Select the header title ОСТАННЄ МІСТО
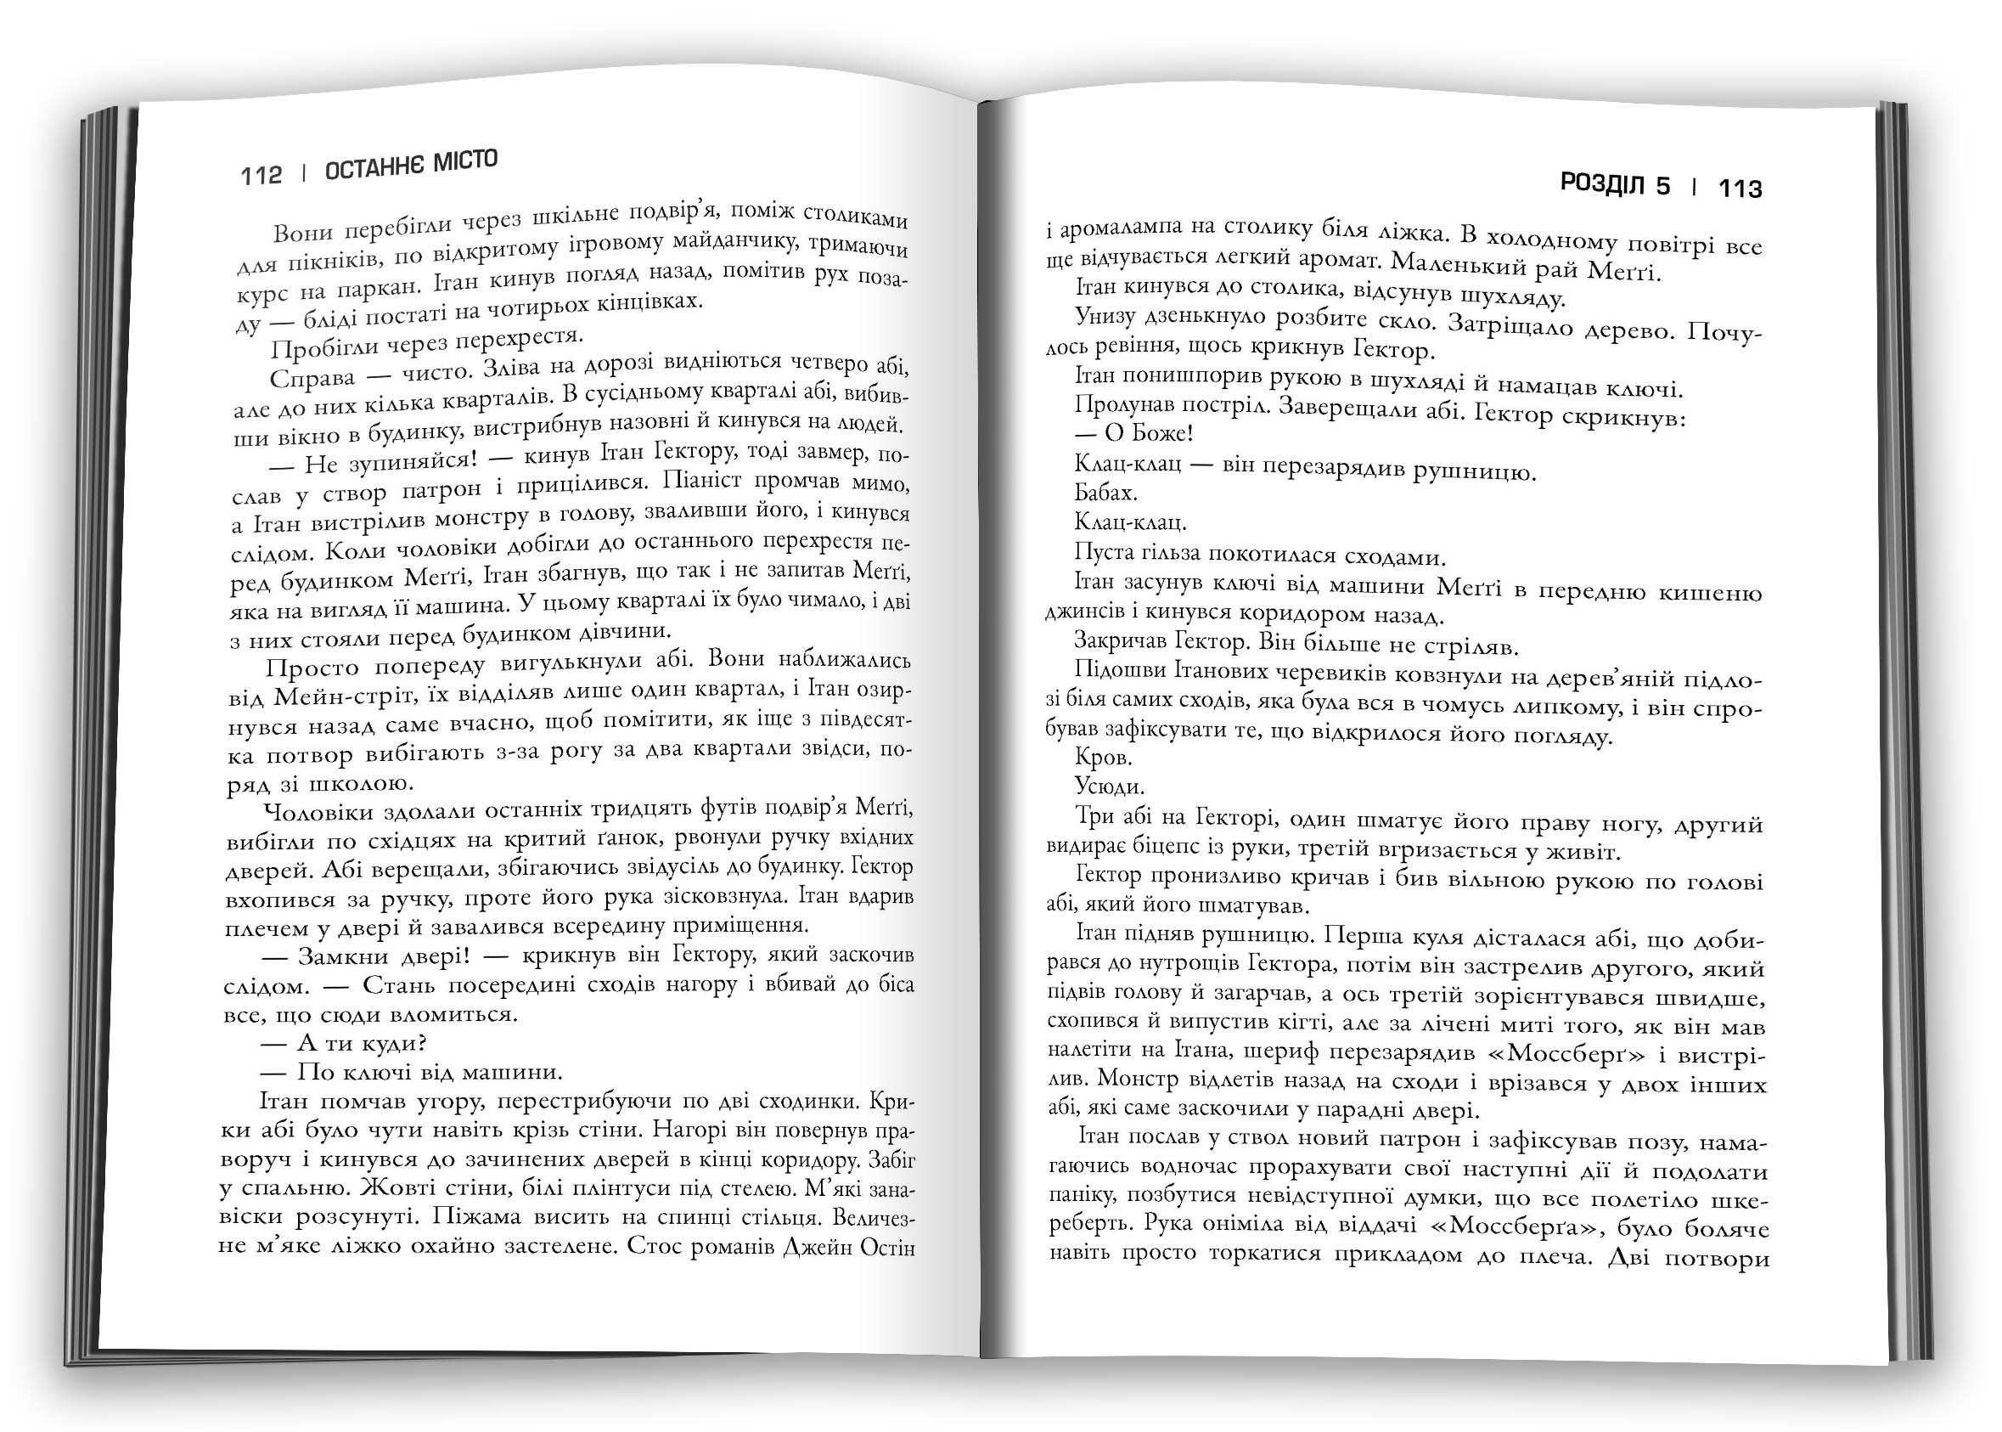coord(412,165)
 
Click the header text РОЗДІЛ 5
coord(1615,185)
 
